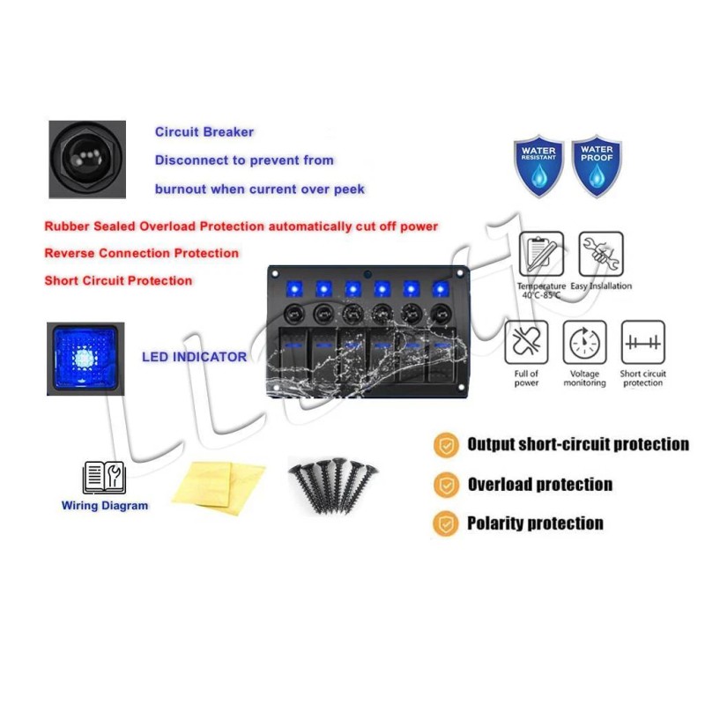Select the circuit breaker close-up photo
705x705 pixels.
pyautogui.click(x=86, y=160)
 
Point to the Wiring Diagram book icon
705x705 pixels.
pyautogui.click(x=104, y=478)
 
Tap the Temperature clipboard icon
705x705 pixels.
pyautogui.click(x=542, y=255)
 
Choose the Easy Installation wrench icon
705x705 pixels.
pyautogui.click(x=601, y=255)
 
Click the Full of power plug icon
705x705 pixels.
pyautogui.click(x=526, y=343)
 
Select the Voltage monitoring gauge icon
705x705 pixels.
pyautogui.click(x=585, y=343)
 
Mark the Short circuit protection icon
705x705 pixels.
pyautogui.click(x=643, y=343)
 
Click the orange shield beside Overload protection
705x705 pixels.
pyautogui.click(x=447, y=485)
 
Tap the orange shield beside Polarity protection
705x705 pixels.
pyautogui.click(x=447, y=523)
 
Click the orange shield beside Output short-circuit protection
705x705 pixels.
pyautogui.click(x=447, y=445)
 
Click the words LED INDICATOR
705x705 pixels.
pyautogui.click(x=194, y=358)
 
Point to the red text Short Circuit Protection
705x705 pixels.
pyautogui.click(x=118, y=281)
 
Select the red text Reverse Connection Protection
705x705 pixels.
pyautogui.click(x=141, y=253)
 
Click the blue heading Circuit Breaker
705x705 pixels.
pyautogui.click(x=204, y=132)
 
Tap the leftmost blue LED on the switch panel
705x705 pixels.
pyautogui.click(x=295, y=289)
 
